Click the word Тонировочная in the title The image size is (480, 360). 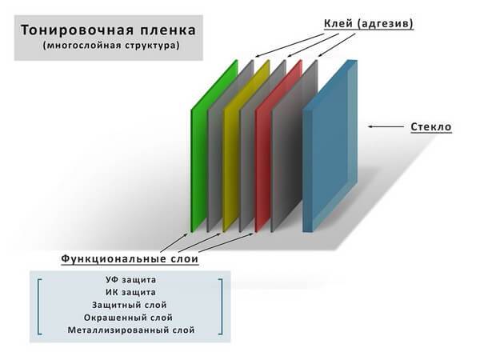click(77, 30)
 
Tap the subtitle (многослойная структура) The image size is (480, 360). click(111, 46)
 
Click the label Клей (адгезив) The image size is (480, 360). click(369, 23)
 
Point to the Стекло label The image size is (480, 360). click(431, 126)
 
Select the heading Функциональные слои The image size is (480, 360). click(130, 258)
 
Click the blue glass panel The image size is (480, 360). click(330, 146)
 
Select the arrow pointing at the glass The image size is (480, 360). click(386, 126)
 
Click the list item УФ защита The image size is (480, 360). click(130, 280)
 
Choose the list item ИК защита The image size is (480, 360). click(130, 292)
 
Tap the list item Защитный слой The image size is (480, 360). click(129, 306)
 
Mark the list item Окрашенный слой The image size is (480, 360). click(128, 318)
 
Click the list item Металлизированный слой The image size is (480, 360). click(131, 330)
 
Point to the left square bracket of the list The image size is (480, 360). click(38, 306)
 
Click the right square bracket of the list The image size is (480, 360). click(221, 306)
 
